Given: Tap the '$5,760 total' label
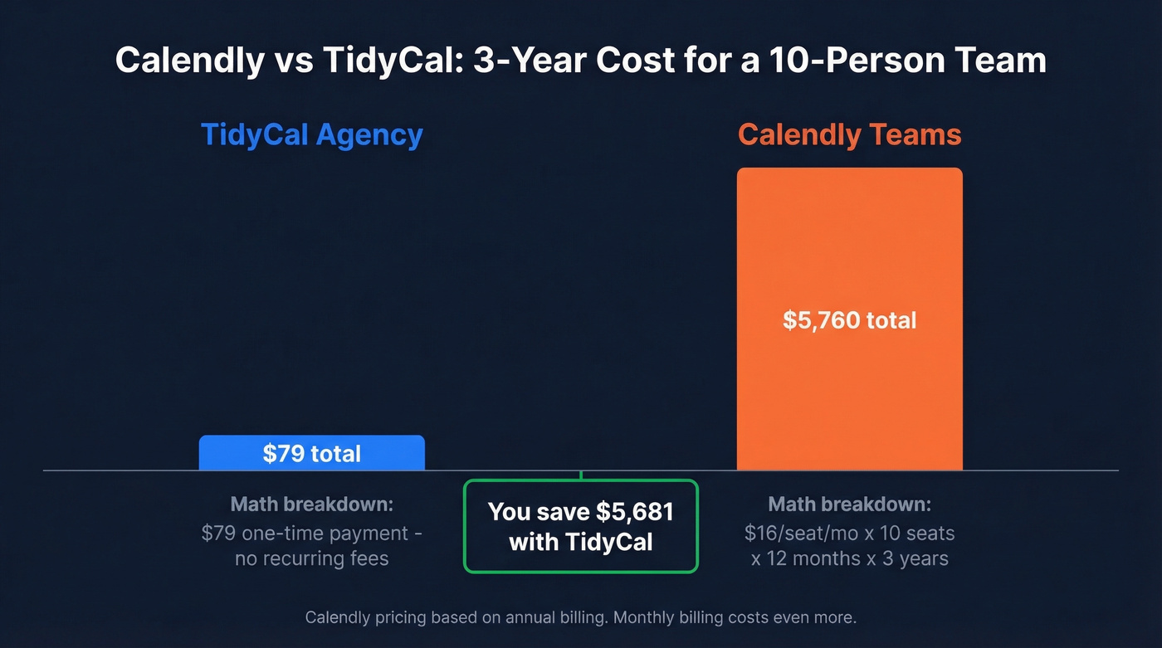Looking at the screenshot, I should (x=849, y=320).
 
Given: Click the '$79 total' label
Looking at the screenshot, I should (x=312, y=454).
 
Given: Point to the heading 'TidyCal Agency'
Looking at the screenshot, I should (x=312, y=135).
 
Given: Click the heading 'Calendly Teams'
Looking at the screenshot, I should (x=849, y=135).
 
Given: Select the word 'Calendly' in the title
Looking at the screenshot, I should (x=188, y=61).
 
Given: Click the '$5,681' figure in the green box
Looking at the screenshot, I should (x=635, y=512).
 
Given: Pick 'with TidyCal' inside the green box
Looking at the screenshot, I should (x=581, y=543).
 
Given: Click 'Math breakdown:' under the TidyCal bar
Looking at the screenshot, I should (x=312, y=504).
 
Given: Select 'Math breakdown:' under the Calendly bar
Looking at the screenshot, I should (x=849, y=504).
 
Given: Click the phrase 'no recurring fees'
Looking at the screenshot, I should (x=312, y=558).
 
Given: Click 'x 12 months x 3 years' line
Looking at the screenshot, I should (x=849, y=558).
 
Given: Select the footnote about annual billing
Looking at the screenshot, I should (x=581, y=617).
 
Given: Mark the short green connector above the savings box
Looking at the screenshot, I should (x=581, y=475).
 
